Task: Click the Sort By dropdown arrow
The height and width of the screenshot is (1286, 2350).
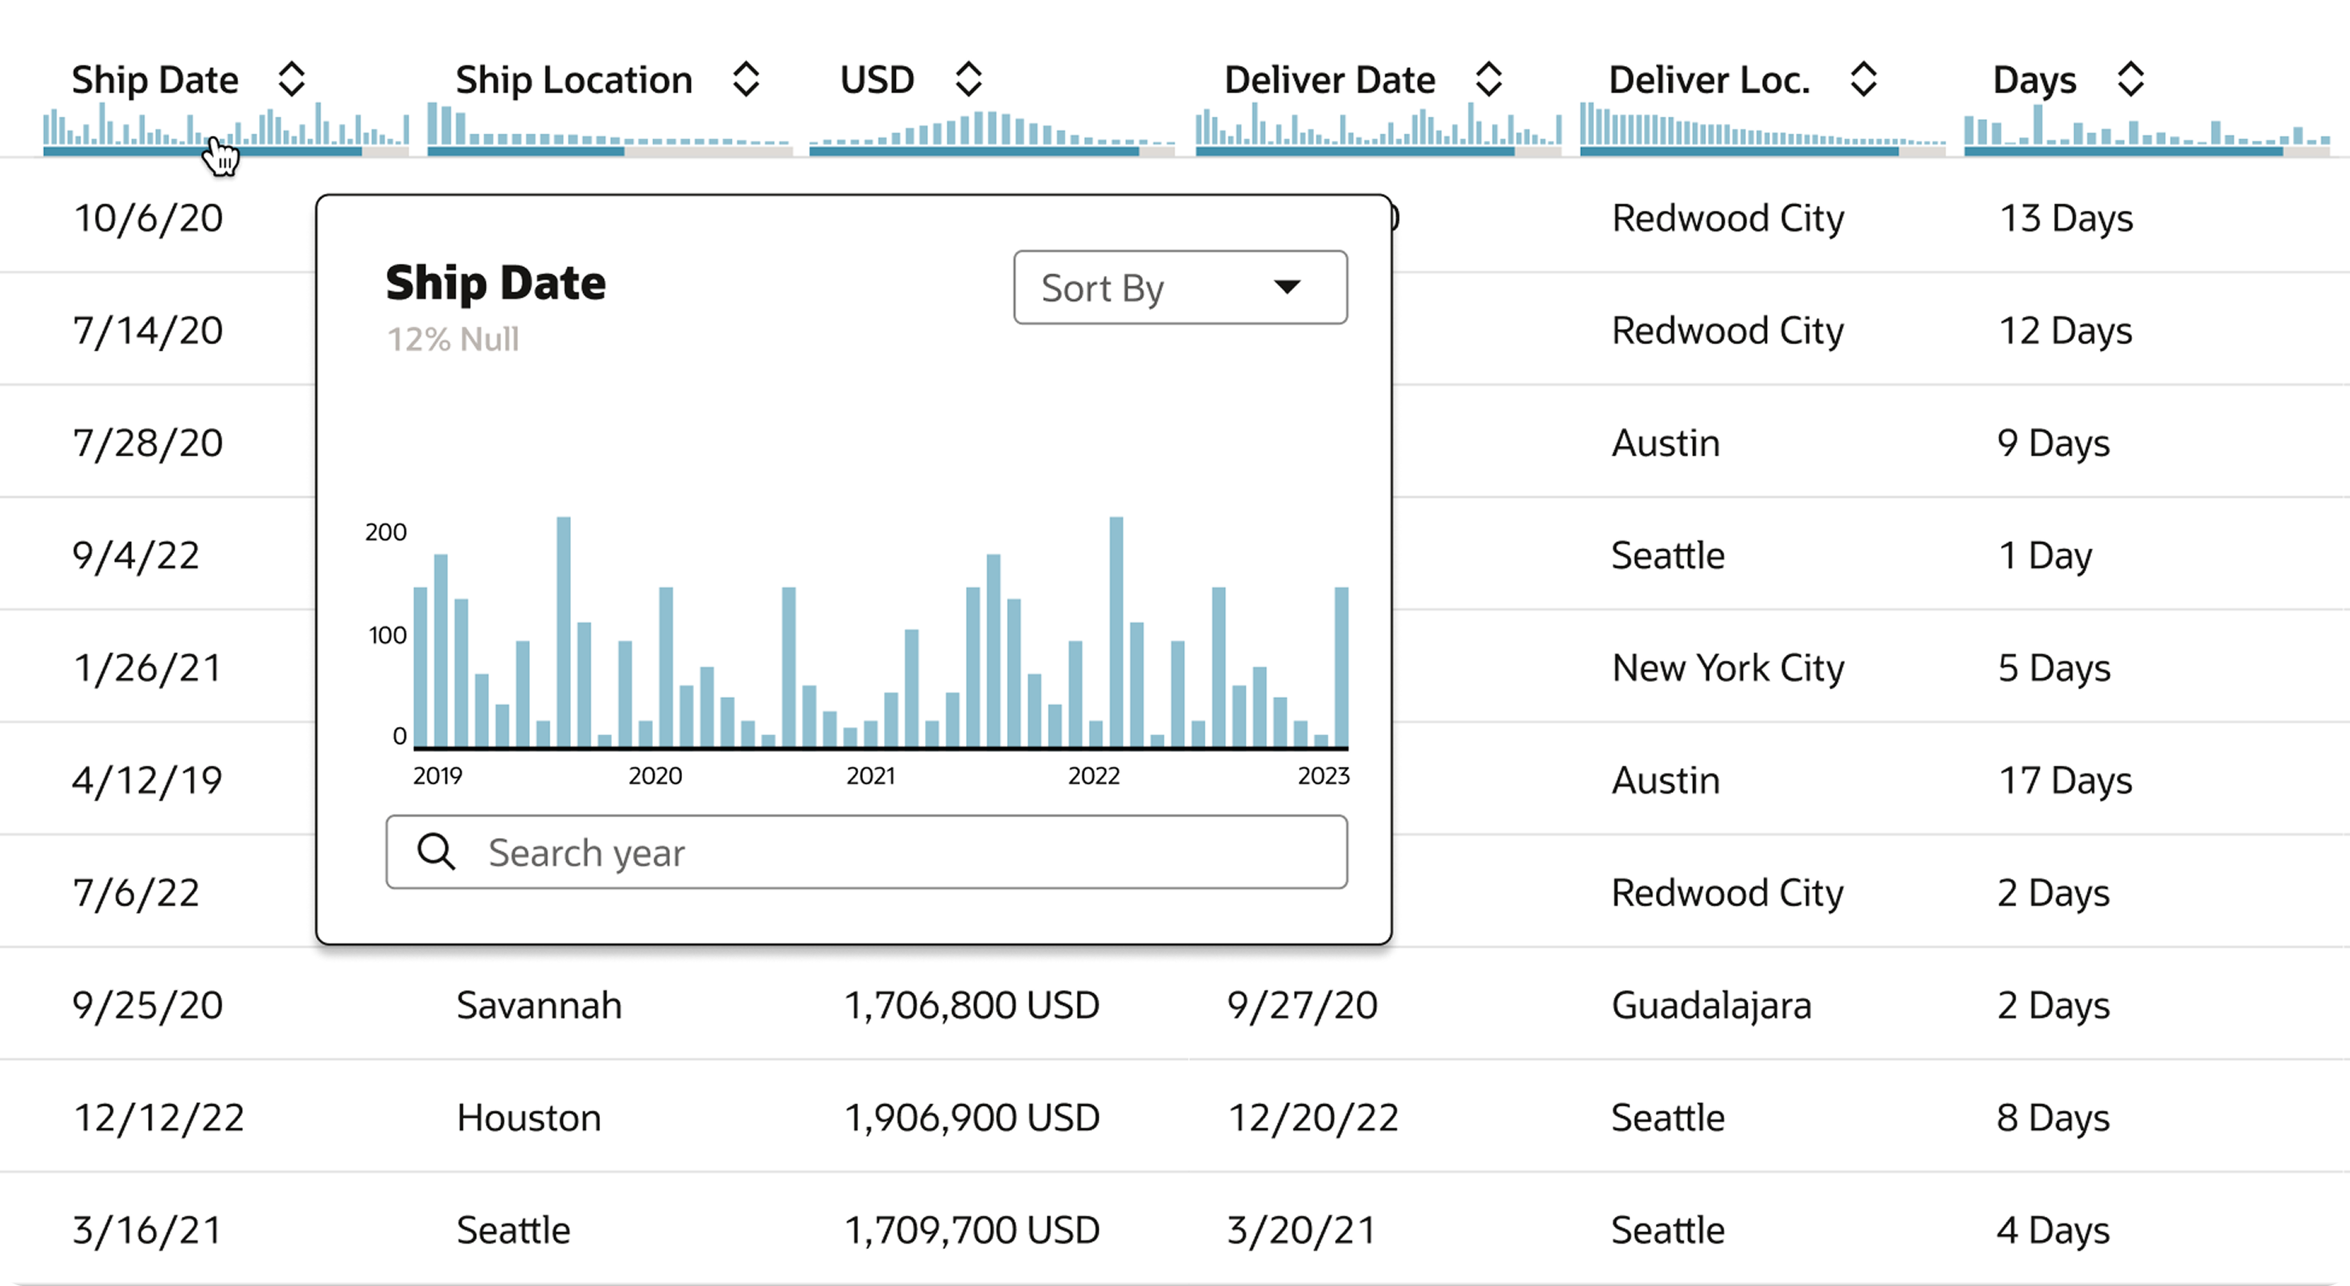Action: point(1286,287)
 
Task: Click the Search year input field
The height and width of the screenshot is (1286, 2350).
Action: point(894,853)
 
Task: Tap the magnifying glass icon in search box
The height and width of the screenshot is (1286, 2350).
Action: point(436,852)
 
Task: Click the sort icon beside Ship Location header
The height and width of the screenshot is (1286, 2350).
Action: point(746,80)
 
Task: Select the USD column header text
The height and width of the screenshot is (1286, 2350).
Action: point(877,80)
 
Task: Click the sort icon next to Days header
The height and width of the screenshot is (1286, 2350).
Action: point(2130,80)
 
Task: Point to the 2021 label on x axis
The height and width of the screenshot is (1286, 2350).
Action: point(871,776)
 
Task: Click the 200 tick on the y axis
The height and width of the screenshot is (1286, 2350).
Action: point(386,532)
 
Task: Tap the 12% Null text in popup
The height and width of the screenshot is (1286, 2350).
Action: point(454,339)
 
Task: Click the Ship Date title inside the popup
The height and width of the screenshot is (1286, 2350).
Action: point(495,283)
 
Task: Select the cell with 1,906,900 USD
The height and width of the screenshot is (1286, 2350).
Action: point(972,1117)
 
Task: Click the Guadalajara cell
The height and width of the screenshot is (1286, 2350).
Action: point(1711,1005)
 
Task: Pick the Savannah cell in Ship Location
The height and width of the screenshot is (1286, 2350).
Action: point(539,1005)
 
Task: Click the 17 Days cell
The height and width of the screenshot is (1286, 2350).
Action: point(2065,781)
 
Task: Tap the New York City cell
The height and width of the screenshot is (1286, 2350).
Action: point(1728,668)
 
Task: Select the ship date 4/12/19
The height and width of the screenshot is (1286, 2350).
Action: point(148,781)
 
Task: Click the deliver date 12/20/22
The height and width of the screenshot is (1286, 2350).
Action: point(1313,1117)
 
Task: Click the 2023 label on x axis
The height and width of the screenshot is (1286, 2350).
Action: point(1323,776)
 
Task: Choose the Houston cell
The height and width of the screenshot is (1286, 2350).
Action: point(529,1117)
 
